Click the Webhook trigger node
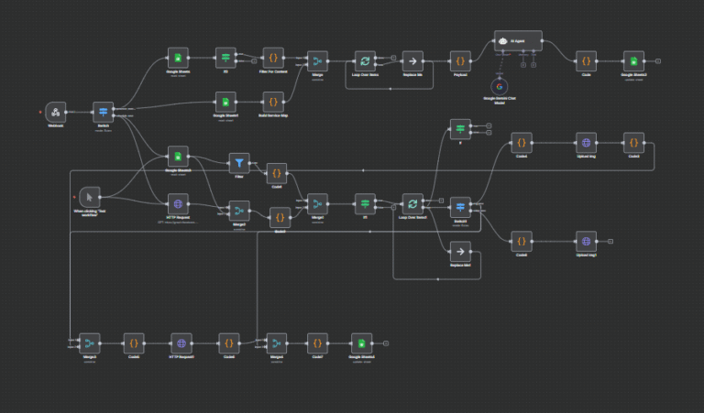coord(55,112)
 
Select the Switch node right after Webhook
coord(104,112)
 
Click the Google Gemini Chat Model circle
coord(500,87)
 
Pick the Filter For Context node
coord(272,58)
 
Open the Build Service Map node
coord(272,101)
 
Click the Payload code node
coord(460,60)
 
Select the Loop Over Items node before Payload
coord(365,60)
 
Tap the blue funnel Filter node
coord(238,163)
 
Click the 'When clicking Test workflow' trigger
coord(88,196)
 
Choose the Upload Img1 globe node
coord(585,241)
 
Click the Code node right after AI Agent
coord(586,60)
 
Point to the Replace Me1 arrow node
coord(460,250)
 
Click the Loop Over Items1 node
coord(412,203)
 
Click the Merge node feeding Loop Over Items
coord(317,60)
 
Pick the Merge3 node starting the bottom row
coord(89,342)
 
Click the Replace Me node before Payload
coord(412,60)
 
